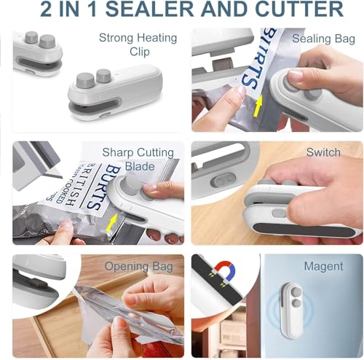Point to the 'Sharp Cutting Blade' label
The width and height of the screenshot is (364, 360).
(138, 159)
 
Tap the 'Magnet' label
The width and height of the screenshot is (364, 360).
(323, 266)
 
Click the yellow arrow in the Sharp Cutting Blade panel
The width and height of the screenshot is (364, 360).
(112, 221)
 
